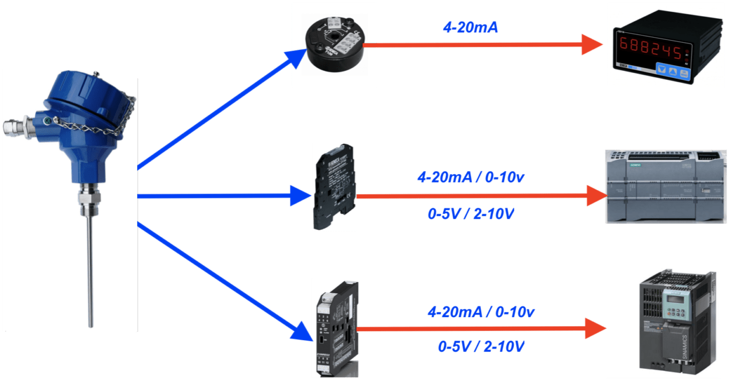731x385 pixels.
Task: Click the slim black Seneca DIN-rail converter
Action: (x=334, y=186)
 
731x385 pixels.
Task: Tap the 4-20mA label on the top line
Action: (x=470, y=28)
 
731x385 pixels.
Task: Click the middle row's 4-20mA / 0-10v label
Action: (x=470, y=178)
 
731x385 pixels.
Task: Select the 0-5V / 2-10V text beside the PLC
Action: (x=470, y=213)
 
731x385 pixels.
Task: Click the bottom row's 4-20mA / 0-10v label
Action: (x=481, y=312)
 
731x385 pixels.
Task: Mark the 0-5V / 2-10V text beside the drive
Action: (x=481, y=346)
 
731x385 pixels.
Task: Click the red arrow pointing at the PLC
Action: (x=480, y=197)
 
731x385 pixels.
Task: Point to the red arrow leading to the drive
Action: (x=480, y=329)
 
